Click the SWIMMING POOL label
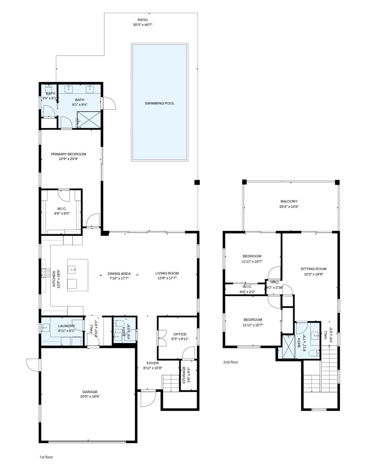[159, 103]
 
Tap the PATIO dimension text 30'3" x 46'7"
[142, 25]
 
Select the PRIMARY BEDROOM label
[68, 154]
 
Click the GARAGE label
[90, 392]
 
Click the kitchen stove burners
[45, 273]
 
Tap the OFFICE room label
[180, 334]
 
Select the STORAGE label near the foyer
[184, 375]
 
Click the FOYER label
[153, 363]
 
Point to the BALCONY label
[289, 201]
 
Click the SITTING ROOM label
[314, 269]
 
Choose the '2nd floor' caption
[231, 362]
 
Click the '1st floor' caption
[46, 457]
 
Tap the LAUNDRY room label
[66, 326]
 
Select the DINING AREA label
[119, 273]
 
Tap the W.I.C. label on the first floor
[62, 208]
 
